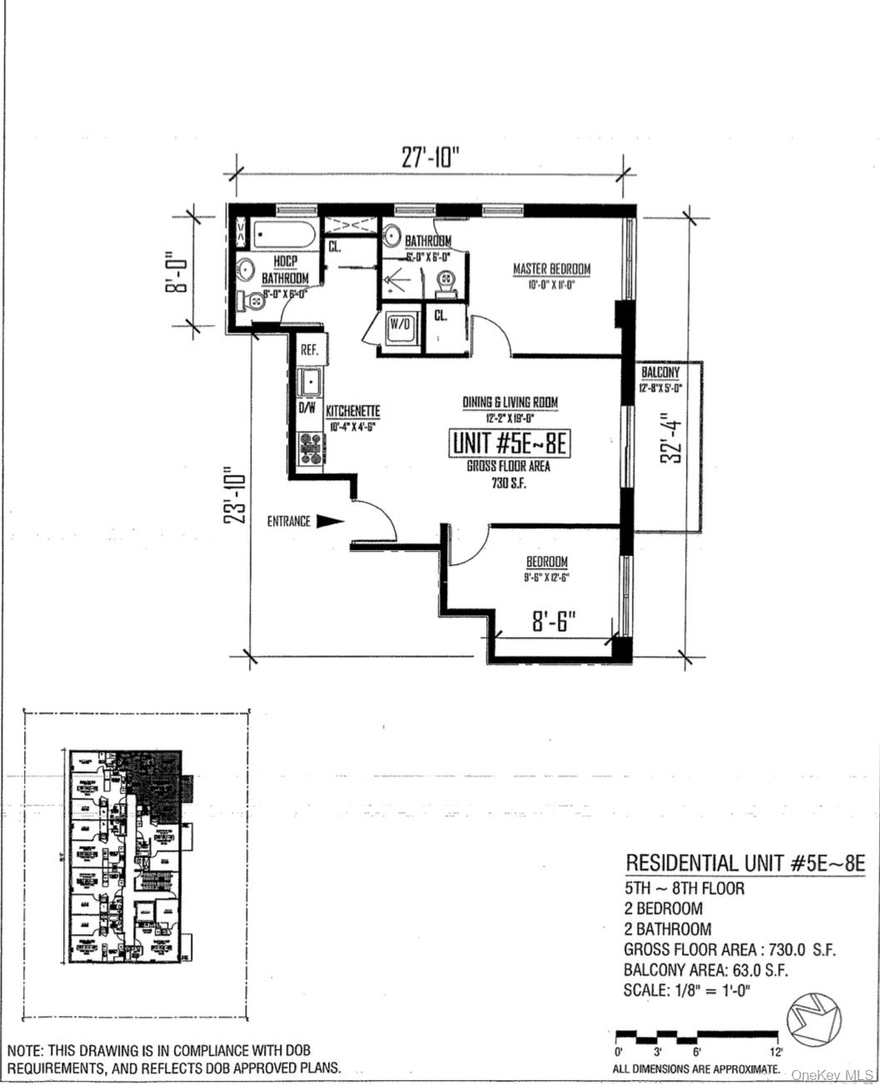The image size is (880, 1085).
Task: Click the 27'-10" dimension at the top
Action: click(430, 157)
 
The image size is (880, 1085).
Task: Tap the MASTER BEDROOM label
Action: click(551, 269)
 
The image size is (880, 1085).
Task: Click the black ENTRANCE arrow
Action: click(331, 522)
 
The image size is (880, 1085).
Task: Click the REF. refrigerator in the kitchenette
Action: click(311, 350)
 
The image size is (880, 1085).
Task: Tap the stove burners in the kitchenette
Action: click(311, 449)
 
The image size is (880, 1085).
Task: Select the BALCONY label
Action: click(660, 373)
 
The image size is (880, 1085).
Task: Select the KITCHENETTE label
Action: click(353, 411)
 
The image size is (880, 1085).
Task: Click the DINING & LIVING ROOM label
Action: click(510, 403)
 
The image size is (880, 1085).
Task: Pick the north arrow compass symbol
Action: click(814, 1022)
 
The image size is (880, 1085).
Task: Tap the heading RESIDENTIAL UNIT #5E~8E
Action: click(745, 864)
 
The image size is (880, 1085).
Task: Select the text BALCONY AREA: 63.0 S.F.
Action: click(706, 969)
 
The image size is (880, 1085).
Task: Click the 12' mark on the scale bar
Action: click(777, 1052)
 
